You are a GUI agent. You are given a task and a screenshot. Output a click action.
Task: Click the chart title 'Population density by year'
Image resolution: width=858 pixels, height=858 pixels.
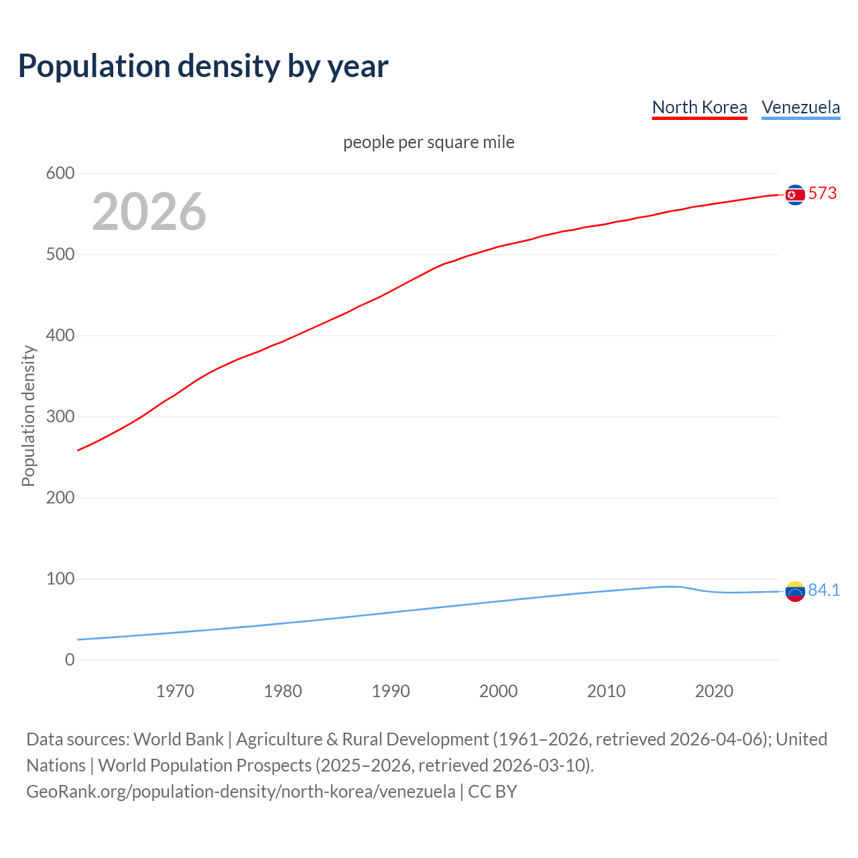(203, 66)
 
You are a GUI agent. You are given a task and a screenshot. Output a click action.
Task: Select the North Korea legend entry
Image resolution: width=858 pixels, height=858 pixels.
(699, 107)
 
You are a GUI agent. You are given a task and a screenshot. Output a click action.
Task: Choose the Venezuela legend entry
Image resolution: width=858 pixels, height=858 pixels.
(800, 107)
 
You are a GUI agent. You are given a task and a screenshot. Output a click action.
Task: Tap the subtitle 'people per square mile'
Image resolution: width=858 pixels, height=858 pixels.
(428, 143)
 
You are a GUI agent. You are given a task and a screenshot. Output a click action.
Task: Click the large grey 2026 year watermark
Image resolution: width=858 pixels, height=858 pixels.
(149, 212)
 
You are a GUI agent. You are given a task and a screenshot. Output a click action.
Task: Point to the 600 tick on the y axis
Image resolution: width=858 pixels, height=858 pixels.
(60, 174)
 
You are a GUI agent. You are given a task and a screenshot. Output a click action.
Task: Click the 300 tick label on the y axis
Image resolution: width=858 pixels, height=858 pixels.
(60, 417)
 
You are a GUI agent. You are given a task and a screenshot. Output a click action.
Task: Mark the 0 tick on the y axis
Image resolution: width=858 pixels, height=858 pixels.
(70, 660)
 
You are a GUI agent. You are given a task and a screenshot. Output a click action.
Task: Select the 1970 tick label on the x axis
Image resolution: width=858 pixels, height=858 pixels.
(175, 691)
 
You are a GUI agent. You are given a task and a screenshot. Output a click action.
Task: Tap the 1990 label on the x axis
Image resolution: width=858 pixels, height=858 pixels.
(391, 691)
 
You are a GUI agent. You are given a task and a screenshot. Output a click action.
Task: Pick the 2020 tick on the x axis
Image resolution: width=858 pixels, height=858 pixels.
(714, 691)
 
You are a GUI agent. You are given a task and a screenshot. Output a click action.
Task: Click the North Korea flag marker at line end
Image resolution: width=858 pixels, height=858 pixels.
(795, 194)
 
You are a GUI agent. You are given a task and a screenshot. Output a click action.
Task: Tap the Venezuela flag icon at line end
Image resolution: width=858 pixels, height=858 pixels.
(795, 591)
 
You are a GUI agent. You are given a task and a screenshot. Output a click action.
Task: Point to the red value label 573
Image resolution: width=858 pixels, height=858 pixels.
(822, 194)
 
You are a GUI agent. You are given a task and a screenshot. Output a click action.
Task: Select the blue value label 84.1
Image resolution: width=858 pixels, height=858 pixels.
(824, 591)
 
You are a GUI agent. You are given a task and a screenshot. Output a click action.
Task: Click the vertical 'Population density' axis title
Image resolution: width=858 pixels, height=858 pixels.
(28, 416)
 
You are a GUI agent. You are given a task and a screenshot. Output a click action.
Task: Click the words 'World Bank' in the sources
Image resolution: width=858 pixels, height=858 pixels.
(178, 739)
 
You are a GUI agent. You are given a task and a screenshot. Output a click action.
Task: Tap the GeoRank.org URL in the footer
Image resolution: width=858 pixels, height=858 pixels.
(241, 792)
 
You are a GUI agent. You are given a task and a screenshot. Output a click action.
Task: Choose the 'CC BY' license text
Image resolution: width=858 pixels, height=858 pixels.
(493, 792)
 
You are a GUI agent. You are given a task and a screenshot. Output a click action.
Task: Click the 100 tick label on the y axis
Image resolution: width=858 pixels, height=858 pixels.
(60, 579)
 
